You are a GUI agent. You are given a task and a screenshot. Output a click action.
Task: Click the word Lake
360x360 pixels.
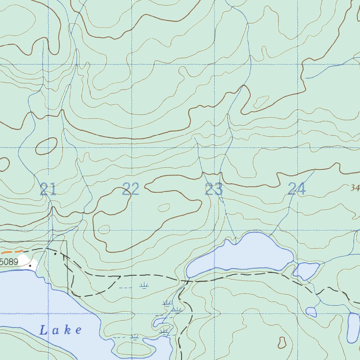point(60,330)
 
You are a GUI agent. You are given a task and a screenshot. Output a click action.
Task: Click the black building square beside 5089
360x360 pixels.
point(30,265)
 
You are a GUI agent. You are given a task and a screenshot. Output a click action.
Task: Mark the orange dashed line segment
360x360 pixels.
point(12,252)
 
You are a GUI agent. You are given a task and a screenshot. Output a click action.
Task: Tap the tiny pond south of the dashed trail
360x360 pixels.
point(311,312)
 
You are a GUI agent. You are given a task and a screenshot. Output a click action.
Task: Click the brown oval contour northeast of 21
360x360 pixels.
point(46,146)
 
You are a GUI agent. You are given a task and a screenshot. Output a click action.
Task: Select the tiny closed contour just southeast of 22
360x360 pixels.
point(163,208)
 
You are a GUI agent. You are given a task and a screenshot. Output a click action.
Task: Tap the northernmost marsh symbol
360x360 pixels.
point(143,286)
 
